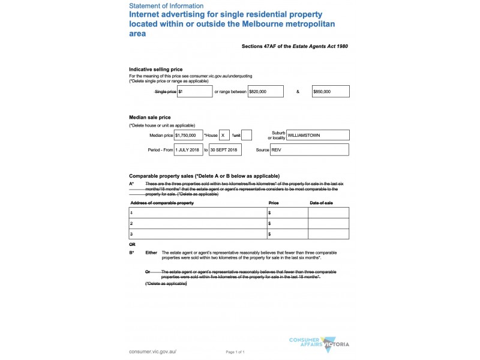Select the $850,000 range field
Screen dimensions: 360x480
(x=331, y=92)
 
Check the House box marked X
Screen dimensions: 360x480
(x=224, y=136)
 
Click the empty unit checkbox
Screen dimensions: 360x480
(x=247, y=136)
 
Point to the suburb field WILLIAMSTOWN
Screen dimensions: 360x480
(x=317, y=136)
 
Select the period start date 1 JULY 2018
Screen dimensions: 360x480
(x=188, y=149)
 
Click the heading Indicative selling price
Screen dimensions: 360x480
(x=155, y=70)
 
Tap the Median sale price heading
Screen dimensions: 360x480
(x=150, y=117)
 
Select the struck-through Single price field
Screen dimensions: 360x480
(x=194, y=92)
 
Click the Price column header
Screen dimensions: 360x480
(x=274, y=203)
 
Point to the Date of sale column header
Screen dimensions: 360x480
(x=321, y=203)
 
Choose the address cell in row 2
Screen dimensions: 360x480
(x=198, y=223)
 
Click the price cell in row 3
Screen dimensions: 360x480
(x=287, y=234)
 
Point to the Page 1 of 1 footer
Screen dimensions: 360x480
(x=235, y=352)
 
